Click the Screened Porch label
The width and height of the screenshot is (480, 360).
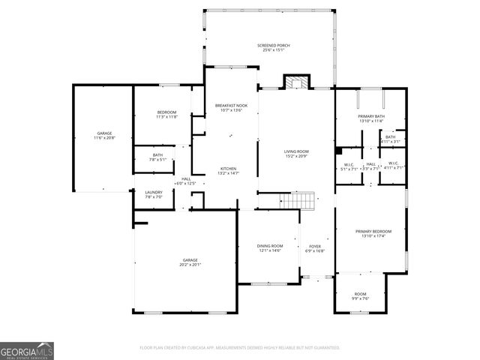(x=274, y=48)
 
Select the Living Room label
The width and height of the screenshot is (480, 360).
(x=295, y=154)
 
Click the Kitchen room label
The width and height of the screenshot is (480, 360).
(x=228, y=170)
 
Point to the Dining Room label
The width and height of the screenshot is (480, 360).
(x=271, y=248)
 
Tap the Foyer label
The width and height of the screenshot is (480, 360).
(x=315, y=248)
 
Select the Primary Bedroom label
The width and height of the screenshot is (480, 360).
(x=373, y=234)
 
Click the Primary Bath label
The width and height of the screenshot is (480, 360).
(x=371, y=117)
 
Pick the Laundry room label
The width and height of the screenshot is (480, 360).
(x=153, y=195)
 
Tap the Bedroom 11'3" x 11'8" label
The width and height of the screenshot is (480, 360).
(x=166, y=115)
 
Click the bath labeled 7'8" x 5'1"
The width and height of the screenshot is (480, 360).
(x=157, y=157)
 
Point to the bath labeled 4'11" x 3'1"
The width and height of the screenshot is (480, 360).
(x=390, y=139)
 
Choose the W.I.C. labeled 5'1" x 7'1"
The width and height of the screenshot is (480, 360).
(x=349, y=166)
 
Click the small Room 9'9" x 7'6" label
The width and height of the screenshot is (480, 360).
(x=360, y=296)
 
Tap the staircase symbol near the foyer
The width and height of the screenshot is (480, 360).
(x=296, y=201)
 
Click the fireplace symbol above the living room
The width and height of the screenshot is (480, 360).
(x=296, y=82)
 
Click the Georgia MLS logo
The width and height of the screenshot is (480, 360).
(x=27, y=350)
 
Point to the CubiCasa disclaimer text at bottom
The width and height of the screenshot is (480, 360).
(x=240, y=348)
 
